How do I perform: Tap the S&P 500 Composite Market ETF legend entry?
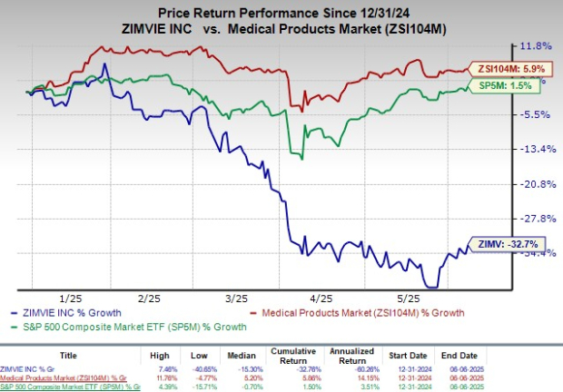(x=136, y=327)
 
